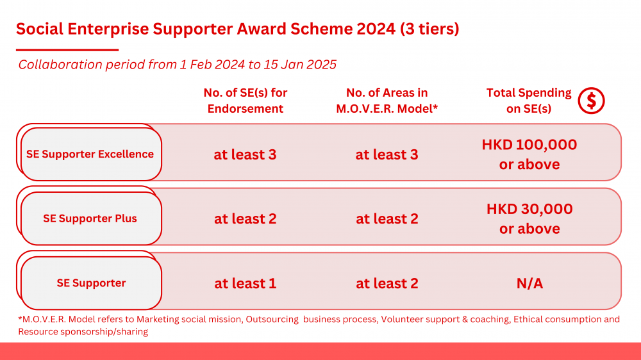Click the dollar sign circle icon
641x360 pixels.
(x=591, y=101)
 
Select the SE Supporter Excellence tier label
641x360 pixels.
(x=90, y=154)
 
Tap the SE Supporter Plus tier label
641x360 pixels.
(x=90, y=218)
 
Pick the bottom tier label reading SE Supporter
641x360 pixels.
(x=91, y=282)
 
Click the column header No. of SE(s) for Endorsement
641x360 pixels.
(x=246, y=101)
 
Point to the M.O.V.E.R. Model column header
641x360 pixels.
(x=387, y=101)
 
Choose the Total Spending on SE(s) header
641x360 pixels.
(x=529, y=101)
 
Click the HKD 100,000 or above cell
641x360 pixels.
(x=529, y=154)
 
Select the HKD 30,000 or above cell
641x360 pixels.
(x=529, y=218)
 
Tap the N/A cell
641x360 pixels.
(x=530, y=283)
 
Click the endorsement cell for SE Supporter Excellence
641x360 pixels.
(x=246, y=154)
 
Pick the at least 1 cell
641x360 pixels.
(x=246, y=283)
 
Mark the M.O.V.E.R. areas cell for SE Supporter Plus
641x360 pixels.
(x=387, y=218)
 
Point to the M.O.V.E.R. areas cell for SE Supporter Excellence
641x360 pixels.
(x=387, y=154)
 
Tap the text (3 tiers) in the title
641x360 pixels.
(x=429, y=29)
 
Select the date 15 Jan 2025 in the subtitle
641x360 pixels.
(x=300, y=64)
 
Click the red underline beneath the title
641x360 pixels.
(x=67, y=50)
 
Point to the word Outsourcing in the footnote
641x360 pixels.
(x=272, y=319)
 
